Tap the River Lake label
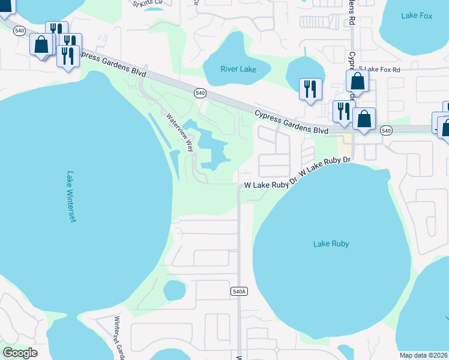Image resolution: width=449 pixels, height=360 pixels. (238, 70)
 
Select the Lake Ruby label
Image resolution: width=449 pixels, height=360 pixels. (331, 244)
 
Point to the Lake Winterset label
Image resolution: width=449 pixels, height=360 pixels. (71, 197)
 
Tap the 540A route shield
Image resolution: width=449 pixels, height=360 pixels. (238, 292)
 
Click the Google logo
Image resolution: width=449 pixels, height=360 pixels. (20, 352)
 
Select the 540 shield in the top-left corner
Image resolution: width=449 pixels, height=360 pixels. (20, 31)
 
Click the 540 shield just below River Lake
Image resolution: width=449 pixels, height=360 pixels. (200, 93)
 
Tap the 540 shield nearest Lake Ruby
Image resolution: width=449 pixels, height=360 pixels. (386, 130)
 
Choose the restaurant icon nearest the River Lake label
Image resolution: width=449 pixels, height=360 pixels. (310, 88)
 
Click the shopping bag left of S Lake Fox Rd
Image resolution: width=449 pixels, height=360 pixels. (357, 81)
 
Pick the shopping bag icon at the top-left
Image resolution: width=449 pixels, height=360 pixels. (41, 44)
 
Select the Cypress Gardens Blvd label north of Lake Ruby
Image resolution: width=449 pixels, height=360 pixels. (291, 122)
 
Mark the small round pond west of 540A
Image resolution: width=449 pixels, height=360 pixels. (174, 291)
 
